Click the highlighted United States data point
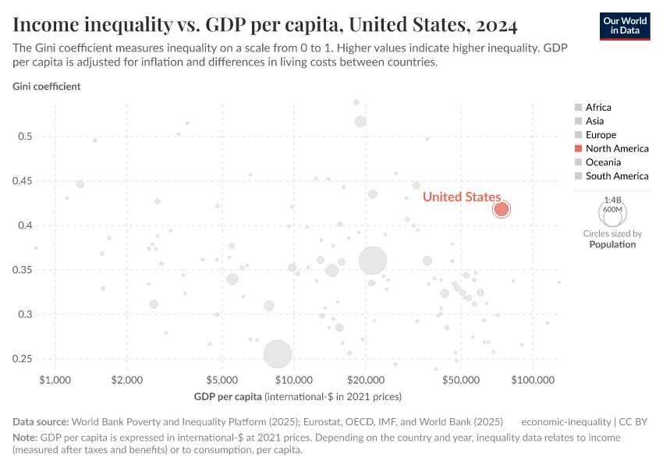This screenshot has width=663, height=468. (502, 209)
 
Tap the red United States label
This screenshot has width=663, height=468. (461, 197)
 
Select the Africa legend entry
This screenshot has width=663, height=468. (598, 108)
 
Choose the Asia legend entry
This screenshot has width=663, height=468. (594, 121)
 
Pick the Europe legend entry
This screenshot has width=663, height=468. (601, 135)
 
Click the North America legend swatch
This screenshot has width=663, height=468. (578, 148)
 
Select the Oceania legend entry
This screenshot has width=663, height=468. (603, 162)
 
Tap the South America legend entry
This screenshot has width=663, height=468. (616, 175)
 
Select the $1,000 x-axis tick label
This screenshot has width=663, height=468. (54, 380)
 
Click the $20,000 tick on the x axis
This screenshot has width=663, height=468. (366, 380)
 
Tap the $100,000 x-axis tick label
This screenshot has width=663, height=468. (532, 380)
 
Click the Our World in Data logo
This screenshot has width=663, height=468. (625, 25)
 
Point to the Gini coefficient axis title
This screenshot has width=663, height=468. (46, 87)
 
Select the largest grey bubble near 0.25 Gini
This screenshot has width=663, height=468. (278, 354)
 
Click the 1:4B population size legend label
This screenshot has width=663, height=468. (612, 200)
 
